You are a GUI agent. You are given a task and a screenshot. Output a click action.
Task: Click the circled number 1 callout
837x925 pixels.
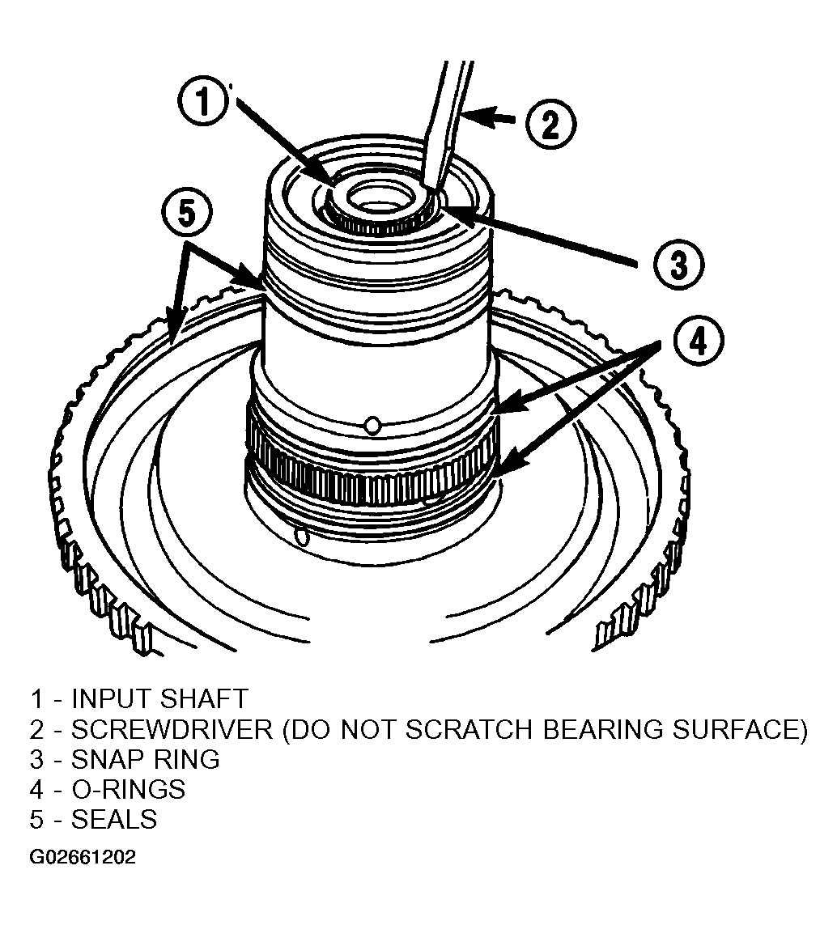[x=202, y=101]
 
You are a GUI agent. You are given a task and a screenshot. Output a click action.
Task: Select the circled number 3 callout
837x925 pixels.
[x=679, y=263]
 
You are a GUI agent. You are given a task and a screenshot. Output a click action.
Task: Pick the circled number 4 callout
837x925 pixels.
[x=699, y=341]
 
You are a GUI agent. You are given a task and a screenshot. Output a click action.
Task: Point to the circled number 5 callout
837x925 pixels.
[x=186, y=212]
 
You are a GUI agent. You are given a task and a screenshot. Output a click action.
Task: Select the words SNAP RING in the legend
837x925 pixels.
[x=146, y=760]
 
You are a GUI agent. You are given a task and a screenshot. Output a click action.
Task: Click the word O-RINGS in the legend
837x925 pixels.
[x=129, y=790]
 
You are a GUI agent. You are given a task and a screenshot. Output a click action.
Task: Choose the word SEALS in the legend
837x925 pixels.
[x=114, y=820]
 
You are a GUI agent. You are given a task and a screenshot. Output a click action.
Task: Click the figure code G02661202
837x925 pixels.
[x=83, y=856]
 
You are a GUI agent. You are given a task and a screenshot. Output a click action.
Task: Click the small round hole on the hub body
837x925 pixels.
[x=372, y=424]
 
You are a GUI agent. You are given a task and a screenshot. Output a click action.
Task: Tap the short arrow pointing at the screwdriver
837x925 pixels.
[x=490, y=119]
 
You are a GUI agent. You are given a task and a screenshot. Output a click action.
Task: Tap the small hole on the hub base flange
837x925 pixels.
[x=302, y=537]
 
